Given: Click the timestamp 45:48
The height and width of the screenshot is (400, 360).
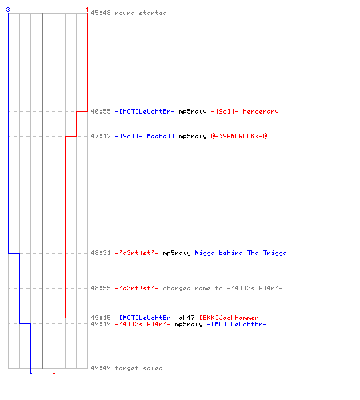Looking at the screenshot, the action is point(101,13).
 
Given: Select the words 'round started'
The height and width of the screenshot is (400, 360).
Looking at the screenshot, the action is point(141,13).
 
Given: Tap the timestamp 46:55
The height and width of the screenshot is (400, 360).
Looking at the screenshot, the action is point(101,111).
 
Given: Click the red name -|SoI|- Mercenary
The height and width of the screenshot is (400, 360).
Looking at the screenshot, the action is point(245,111).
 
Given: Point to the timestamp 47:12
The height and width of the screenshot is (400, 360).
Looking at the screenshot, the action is point(101,136).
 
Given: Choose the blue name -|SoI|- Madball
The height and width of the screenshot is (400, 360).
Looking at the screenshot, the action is point(145,136).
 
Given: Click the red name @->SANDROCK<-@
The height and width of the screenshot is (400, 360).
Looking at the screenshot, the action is point(239,136).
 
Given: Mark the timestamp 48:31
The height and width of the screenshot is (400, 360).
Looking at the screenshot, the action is point(101,253).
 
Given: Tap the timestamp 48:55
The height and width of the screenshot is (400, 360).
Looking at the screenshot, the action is point(101,288).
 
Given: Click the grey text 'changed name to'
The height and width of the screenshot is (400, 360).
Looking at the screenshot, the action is point(193,288).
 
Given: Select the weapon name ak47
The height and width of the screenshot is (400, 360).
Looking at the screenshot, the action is point(186,318).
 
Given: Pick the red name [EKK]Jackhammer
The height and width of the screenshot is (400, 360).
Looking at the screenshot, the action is point(229,318).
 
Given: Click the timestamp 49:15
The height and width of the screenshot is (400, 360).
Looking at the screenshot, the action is point(101,318).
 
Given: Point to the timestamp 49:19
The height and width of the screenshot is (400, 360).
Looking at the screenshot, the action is point(101,324).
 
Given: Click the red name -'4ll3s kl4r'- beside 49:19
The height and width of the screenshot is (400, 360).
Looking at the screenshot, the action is point(142,324).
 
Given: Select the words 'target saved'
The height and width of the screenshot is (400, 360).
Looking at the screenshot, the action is point(138,368).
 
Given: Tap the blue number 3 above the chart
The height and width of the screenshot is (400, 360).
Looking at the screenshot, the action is point(8,10).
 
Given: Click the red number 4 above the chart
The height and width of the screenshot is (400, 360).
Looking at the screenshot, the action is point(87,10).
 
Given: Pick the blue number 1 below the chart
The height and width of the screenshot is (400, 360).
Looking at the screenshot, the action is point(30,371).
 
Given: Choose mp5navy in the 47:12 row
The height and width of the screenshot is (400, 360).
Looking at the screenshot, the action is point(193,136).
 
